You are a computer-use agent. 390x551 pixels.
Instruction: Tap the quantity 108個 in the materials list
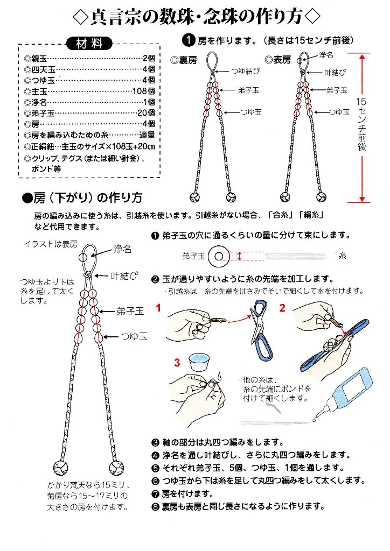[144, 91]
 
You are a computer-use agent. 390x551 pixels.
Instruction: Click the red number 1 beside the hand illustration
[159, 308]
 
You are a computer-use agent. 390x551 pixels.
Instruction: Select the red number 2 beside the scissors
[282, 308]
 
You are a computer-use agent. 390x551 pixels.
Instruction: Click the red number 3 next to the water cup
[176, 363]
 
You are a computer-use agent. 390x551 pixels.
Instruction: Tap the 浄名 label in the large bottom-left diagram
[122, 250]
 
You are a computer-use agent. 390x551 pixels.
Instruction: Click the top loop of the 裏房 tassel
[212, 58]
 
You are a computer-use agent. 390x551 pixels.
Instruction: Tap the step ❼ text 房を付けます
[183, 493]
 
